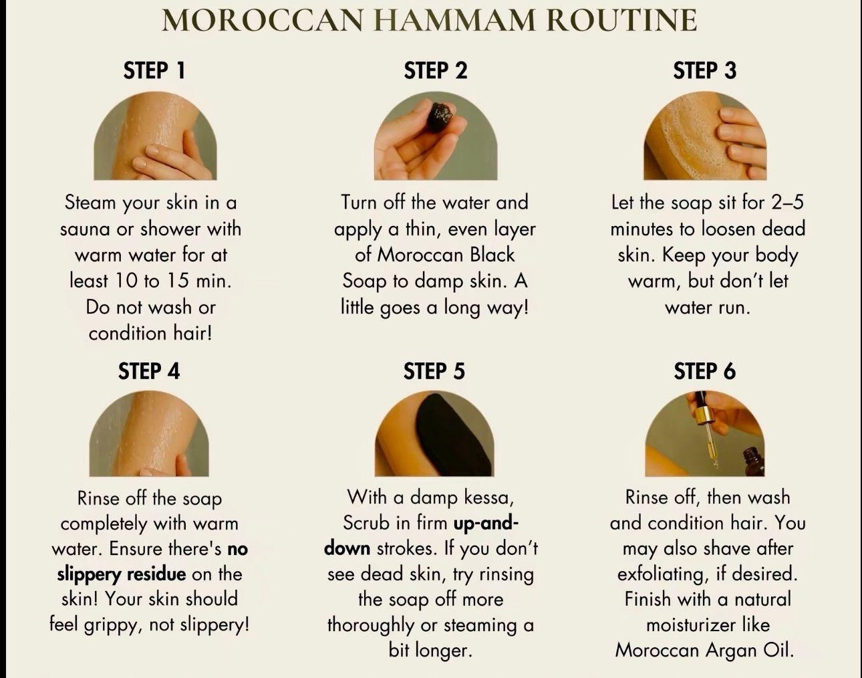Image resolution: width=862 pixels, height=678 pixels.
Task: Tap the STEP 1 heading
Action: coord(154,71)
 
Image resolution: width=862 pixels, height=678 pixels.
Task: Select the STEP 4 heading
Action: coord(149,371)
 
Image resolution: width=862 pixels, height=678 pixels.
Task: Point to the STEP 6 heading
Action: coord(704,371)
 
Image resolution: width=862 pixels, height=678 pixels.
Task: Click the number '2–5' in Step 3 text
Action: coord(787,203)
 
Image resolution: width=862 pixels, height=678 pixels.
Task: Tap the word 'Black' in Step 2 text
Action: coord(492,255)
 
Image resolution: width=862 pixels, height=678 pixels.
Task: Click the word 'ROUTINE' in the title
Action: coord(621,20)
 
